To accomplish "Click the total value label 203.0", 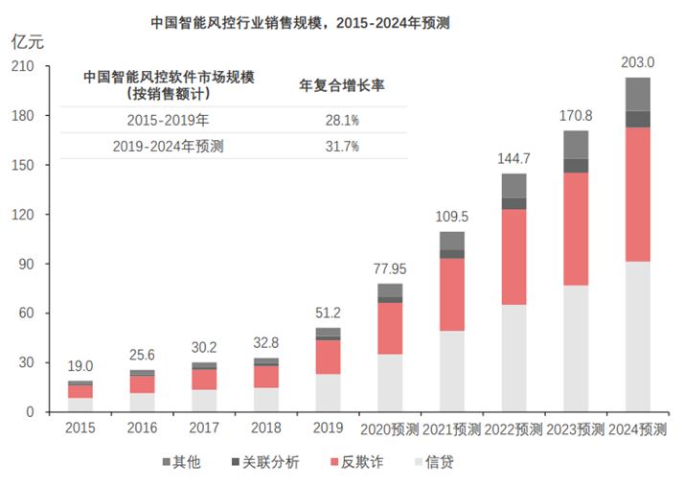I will click(636, 61).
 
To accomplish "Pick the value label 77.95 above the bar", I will click(390, 268).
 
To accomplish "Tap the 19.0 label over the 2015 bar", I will click(80, 365).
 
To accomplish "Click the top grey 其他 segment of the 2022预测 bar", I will click(513, 185).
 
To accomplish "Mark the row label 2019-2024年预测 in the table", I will click(168, 146).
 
